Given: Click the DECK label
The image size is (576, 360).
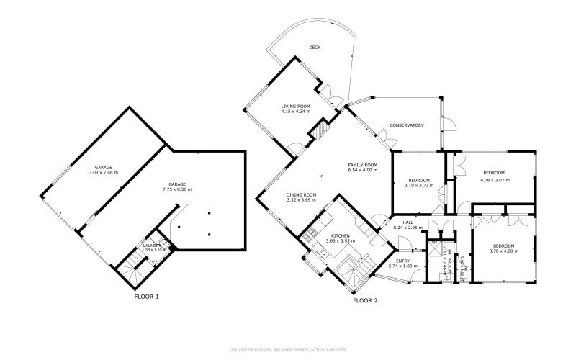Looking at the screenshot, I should (x=315, y=48).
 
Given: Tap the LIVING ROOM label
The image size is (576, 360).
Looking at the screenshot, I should (x=295, y=107).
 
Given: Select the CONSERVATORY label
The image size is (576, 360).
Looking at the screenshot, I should (x=406, y=125).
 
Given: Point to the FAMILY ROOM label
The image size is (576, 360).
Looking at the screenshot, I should (x=363, y=165).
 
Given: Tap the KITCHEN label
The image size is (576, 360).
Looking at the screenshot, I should (x=340, y=236).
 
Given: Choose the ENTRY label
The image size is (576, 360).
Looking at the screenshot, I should (x=402, y=261).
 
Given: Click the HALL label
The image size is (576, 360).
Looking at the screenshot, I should (x=408, y=223).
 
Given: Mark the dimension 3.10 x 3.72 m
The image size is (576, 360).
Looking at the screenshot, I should (x=418, y=185).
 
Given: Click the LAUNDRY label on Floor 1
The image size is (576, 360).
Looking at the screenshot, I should (x=152, y=245).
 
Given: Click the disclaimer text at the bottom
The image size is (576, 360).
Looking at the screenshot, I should (x=288, y=351).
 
